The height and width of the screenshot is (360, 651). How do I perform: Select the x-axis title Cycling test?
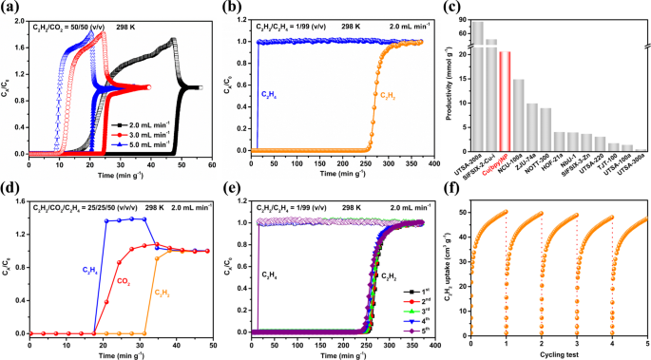[x=559, y=353]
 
